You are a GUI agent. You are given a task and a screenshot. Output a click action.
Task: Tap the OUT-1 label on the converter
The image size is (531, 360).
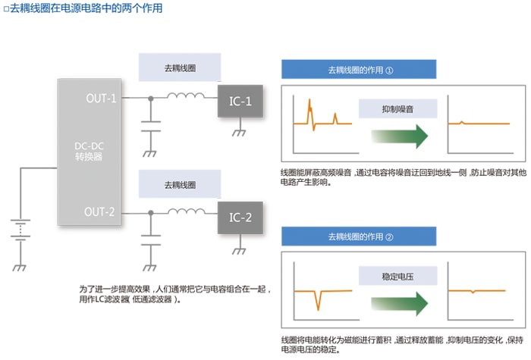101,99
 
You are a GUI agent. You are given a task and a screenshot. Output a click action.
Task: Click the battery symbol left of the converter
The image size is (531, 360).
20,228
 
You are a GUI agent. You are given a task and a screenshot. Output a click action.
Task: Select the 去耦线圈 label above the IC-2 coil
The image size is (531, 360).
169,184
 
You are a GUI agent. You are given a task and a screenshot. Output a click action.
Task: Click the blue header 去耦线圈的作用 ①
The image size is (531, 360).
360,70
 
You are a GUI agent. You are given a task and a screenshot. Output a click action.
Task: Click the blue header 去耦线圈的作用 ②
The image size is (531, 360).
360,236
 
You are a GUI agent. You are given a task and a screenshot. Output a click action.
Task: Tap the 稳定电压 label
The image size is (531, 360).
398,275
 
